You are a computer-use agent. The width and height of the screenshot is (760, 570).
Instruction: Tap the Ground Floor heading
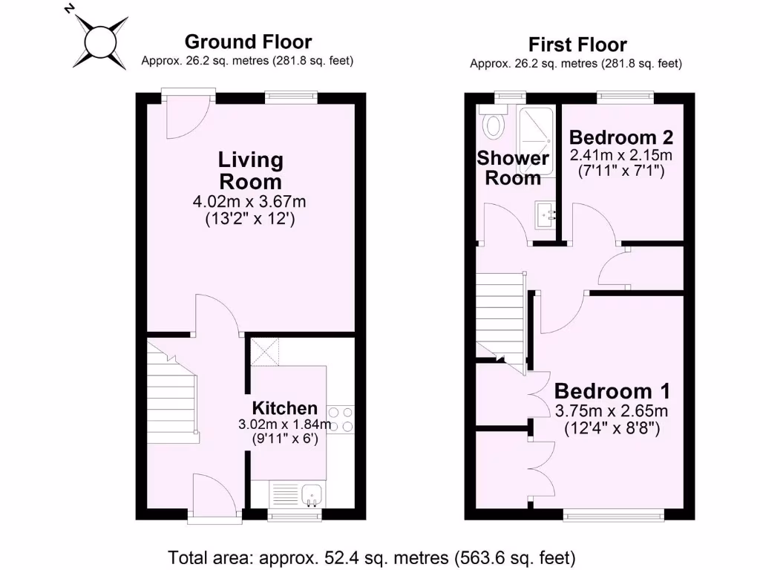[x=248, y=42]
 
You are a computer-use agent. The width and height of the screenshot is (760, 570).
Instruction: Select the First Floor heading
[x=577, y=45]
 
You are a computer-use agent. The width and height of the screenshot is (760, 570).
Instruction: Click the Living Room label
[x=250, y=170]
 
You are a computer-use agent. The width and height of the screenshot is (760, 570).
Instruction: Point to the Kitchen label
[x=285, y=407]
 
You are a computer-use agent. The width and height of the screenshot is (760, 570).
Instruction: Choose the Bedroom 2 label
[x=621, y=137]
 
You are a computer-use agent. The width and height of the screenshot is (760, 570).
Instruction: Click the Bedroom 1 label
[x=612, y=390]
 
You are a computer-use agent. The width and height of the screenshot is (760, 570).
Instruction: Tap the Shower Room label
[x=513, y=168]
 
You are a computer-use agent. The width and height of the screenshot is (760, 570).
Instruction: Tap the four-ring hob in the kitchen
[x=339, y=419]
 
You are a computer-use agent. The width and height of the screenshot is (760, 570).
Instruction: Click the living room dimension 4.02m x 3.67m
[x=249, y=201]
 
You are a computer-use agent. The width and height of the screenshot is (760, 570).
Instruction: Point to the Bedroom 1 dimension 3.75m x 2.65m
[x=612, y=411]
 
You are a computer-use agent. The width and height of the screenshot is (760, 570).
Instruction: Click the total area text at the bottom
[x=372, y=557]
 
